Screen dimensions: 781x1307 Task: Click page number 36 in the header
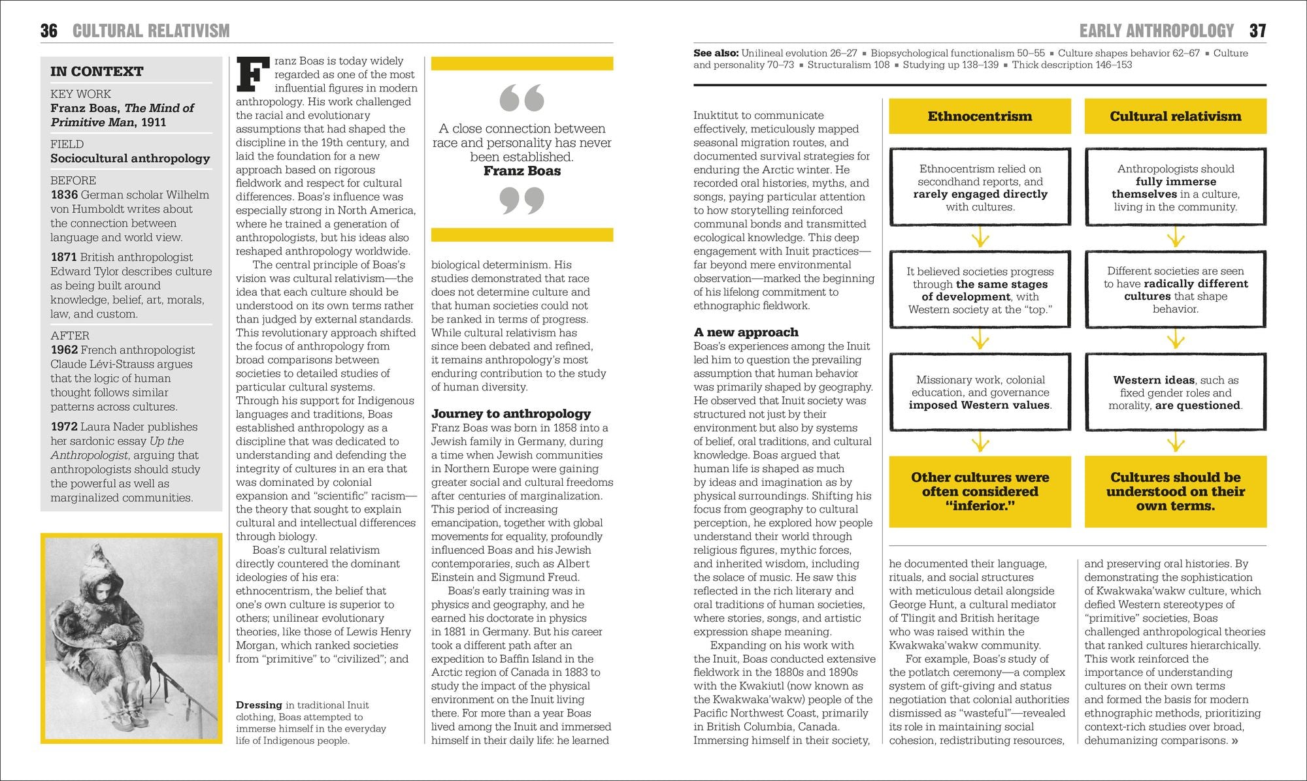pos(49,31)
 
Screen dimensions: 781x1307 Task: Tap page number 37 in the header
pos(1257,31)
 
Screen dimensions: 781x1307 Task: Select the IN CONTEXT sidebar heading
pos(97,71)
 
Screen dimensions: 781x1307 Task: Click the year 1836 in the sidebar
pos(64,195)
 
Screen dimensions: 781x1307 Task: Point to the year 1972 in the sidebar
pos(64,426)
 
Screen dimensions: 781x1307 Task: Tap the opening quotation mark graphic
pos(521,98)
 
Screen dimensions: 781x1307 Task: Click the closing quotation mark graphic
pos(521,200)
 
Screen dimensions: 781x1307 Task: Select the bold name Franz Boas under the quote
pos(521,171)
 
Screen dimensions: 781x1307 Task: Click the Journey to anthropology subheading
pos(510,413)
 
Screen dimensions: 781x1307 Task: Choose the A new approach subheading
pos(746,332)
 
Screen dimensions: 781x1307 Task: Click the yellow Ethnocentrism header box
pos(980,116)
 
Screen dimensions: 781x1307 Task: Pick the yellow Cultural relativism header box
pos(1175,116)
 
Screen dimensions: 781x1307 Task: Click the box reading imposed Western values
pos(980,392)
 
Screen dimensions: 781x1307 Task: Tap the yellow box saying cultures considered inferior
pos(980,491)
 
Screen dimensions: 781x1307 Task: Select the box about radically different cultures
pos(1175,289)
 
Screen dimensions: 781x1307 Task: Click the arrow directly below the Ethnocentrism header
pos(980,237)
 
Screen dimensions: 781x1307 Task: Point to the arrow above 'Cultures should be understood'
pos(1175,443)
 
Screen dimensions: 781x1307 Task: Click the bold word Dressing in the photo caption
pos(259,705)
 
